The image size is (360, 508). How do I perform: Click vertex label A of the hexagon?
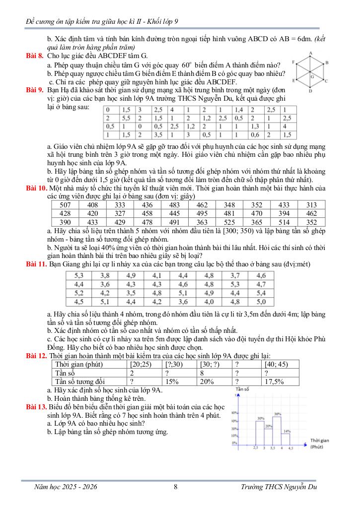click(310, 53)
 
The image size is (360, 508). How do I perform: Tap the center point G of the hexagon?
click(311, 76)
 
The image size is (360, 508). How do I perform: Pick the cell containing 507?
click(65, 205)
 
